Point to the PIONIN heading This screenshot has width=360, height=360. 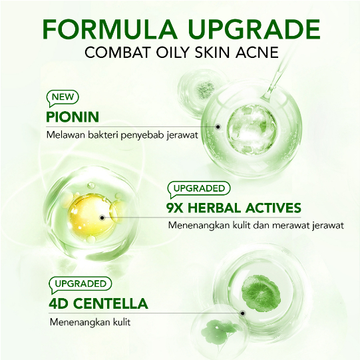[73, 117]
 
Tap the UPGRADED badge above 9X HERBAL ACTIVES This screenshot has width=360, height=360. [199, 188]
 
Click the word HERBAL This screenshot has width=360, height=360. [218, 207]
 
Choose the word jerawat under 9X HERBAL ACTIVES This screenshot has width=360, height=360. [327, 225]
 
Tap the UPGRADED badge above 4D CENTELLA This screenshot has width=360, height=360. [78, 284]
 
